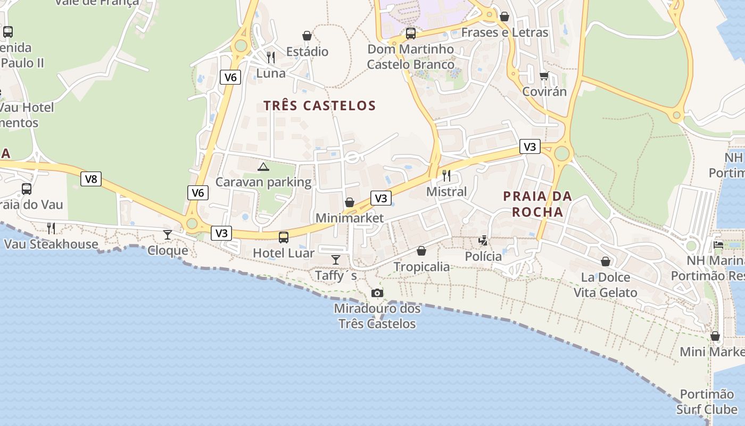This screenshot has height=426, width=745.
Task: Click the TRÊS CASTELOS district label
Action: tap(320, 105)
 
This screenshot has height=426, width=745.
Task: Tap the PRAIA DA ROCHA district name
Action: tap(537, 204)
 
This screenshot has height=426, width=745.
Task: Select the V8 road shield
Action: tap(91, 179)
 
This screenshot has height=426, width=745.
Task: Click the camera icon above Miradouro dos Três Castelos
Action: tap(377, 293)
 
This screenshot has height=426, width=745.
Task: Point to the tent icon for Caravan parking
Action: tap(263, 167)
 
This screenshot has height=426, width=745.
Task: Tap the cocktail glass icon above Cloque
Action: tap(168, 235)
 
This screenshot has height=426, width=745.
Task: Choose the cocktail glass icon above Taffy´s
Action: tap(336, 260)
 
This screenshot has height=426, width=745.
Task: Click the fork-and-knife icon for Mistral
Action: tap(446, 175)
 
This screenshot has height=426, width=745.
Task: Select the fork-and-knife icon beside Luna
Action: tap(271, 57)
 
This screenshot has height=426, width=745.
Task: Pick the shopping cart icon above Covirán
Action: tap(544, 76)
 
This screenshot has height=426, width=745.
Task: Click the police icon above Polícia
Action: tap(483, 241)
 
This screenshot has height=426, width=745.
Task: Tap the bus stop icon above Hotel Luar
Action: tap(284, 237)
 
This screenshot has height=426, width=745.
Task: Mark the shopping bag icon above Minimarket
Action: tap(350, 202)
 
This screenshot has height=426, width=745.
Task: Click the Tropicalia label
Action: tap(421, 267)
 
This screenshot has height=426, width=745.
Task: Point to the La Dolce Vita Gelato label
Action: tap(605, 285)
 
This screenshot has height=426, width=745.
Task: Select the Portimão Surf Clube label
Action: tap(707, 402)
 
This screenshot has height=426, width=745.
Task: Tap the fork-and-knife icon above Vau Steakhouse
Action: tap(51, 228)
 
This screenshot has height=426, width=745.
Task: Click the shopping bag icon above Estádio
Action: tap(307, 36)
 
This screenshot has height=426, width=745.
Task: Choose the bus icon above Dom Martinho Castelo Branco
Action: tap(410, 34)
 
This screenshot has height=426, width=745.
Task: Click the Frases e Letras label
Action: tap(504, 32)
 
